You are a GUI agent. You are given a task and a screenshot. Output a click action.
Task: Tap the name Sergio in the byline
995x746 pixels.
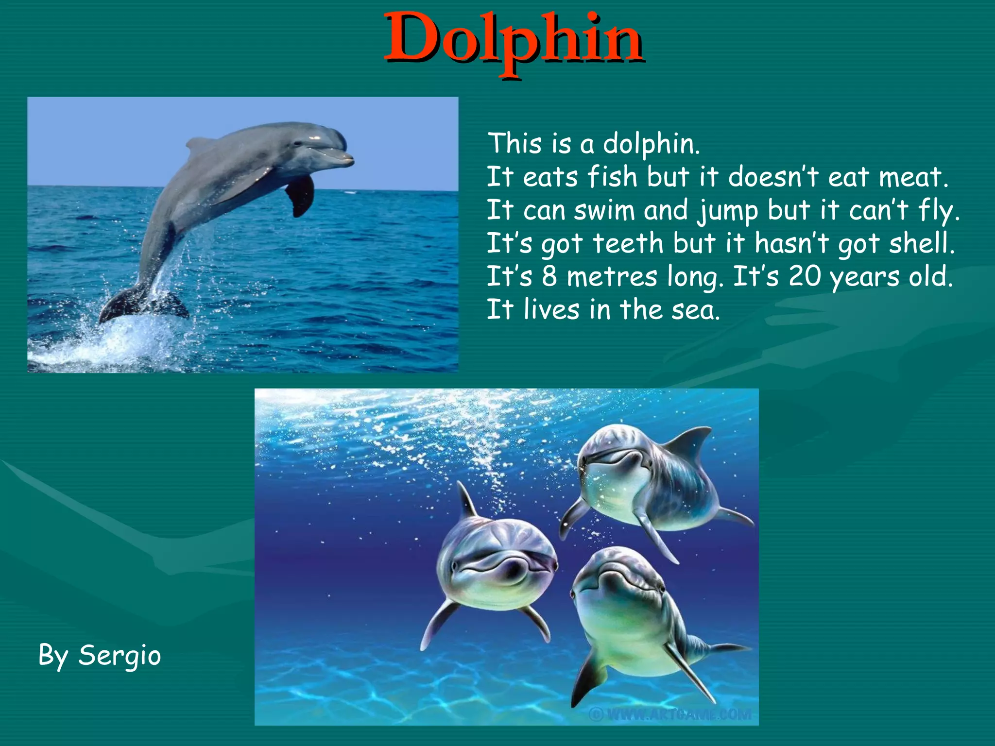click(x=120, y=656)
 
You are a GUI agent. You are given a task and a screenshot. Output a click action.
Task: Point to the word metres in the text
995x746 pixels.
click(x=612, y=277)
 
